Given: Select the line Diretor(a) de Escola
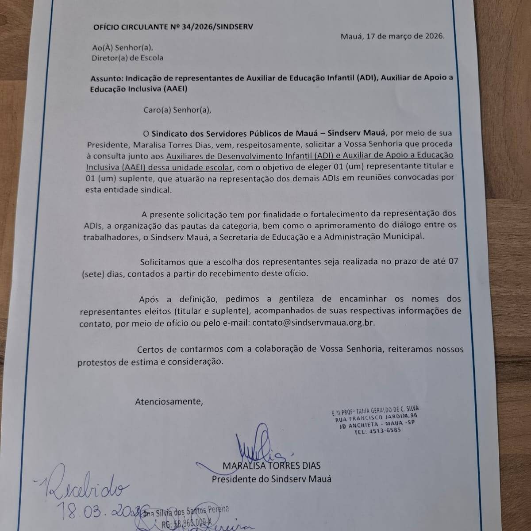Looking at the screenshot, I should [127, 58].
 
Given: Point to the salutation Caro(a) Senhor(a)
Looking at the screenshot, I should [177, 109].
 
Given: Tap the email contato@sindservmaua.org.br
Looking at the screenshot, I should [313, 323].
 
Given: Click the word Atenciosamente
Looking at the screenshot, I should [169, 402].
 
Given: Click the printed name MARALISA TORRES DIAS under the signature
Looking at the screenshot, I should [272, 466].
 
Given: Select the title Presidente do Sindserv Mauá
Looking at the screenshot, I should [271, 479].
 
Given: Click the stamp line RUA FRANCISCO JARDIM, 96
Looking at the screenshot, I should [376, 417].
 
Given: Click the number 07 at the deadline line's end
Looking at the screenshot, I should [453, 262].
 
